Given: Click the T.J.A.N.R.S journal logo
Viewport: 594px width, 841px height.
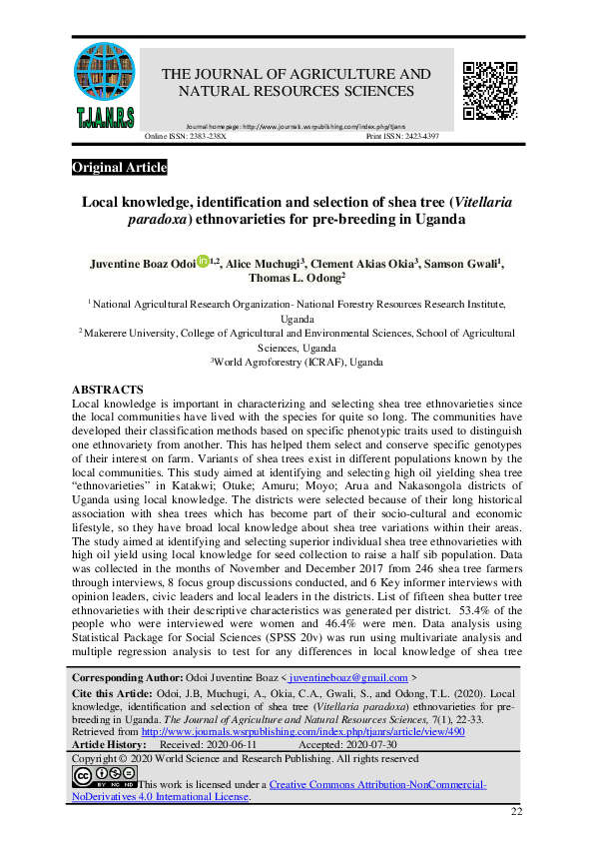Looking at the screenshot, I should (104, 83).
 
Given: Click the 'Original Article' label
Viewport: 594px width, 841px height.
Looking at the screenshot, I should (120, 168).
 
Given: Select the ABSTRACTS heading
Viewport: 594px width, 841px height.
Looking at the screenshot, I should (108, 390).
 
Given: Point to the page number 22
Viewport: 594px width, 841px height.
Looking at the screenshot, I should (516, 811).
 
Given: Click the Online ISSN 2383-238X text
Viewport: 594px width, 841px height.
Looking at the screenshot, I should (187, 137).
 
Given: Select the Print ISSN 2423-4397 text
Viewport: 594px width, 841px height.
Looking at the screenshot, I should (423, 137).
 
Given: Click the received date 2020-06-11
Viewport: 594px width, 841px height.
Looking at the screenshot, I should (224, 744).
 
